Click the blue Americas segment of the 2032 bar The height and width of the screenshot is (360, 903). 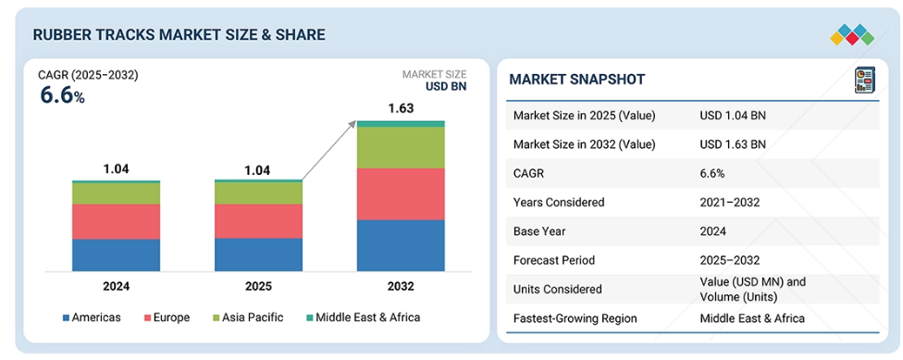coord(401,245)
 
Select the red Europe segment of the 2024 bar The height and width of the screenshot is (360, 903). coord(116,222)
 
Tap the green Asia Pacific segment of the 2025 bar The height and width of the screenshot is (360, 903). coord(258,193)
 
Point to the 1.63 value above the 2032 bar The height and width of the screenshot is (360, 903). coord(401,108)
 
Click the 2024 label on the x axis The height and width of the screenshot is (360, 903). coord(116,286)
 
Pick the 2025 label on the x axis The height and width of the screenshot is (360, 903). coord(258,286)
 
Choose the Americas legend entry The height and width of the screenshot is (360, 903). coord(92,317)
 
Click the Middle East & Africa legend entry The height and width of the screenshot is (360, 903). coord(363,317)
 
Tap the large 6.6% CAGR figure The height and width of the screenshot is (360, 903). coord(62,95)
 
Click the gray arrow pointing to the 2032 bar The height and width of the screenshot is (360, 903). coord(328,150)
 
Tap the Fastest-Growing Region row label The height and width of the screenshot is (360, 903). coord(575,318)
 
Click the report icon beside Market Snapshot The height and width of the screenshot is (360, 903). coord(864,81)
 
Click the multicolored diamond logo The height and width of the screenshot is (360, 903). coord(852,35)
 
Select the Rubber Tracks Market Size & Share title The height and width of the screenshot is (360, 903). coord(179,34)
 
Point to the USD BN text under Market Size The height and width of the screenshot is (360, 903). coord(446,87)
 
